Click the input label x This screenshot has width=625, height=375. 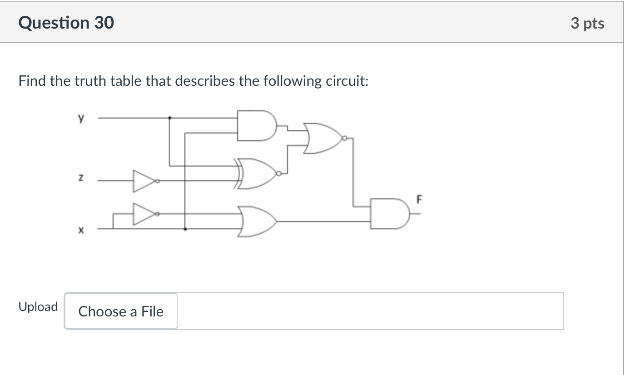click(80, 231)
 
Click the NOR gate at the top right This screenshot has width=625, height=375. click(323, 138)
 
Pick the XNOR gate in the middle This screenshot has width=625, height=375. click(256, 173)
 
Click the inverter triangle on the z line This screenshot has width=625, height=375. click(143, 180)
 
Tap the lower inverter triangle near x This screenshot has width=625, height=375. click(143, 213)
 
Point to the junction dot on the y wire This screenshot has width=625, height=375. click(170, 118)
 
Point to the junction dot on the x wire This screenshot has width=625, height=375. click(185, 229)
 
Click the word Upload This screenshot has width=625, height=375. click(38, 307)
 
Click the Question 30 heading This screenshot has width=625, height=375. click(66, 22)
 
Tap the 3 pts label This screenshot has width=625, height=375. click(587, 23)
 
